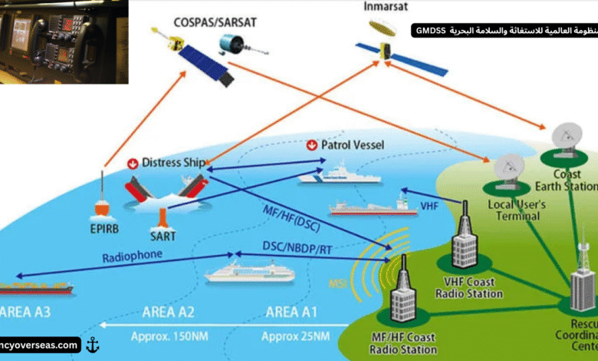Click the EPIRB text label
coord(104,227)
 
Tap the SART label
coord(163,231)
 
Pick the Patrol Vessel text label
coord(353,144)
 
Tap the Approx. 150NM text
coord(173,336)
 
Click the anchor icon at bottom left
coord(93,345)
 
